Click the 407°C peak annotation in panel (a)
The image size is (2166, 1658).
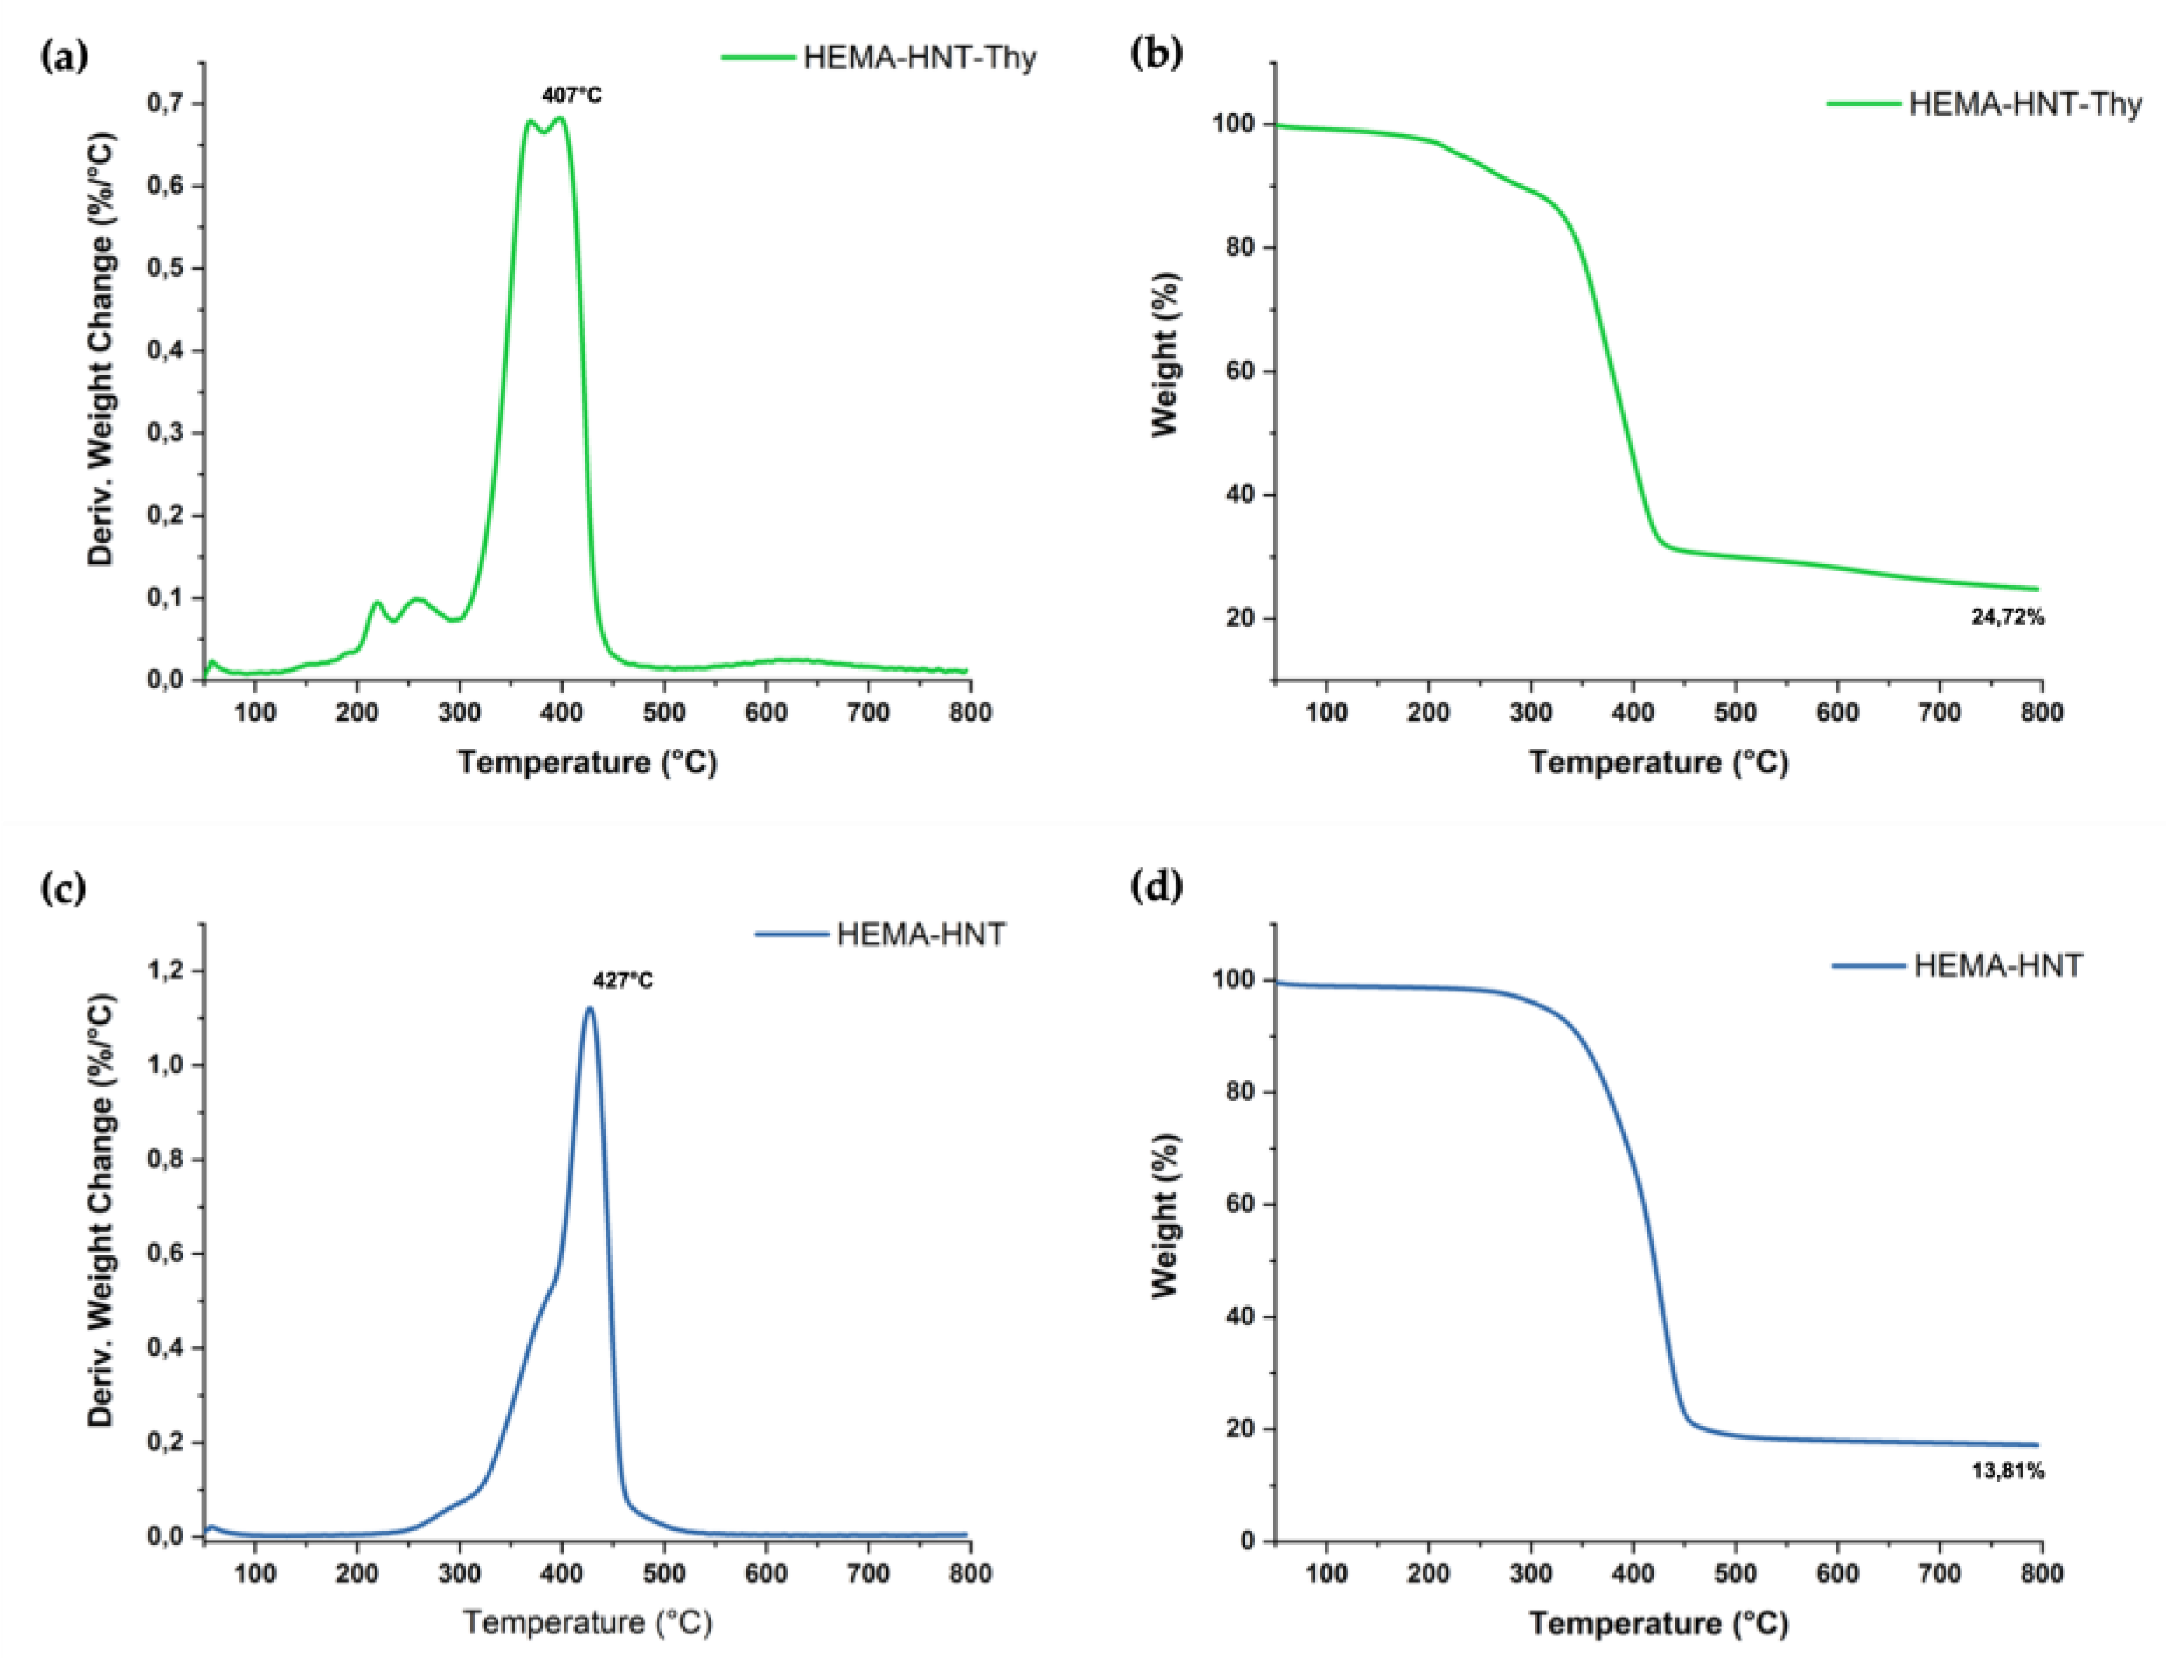571,96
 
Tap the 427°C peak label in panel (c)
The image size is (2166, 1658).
622,981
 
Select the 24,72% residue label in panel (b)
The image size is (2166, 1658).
2007,618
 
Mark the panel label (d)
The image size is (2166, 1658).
1155,886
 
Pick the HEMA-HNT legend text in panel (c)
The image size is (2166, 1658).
920,934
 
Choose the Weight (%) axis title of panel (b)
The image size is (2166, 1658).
1165,354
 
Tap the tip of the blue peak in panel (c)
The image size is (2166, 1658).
589,1007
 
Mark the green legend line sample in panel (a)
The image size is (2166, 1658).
757,58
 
